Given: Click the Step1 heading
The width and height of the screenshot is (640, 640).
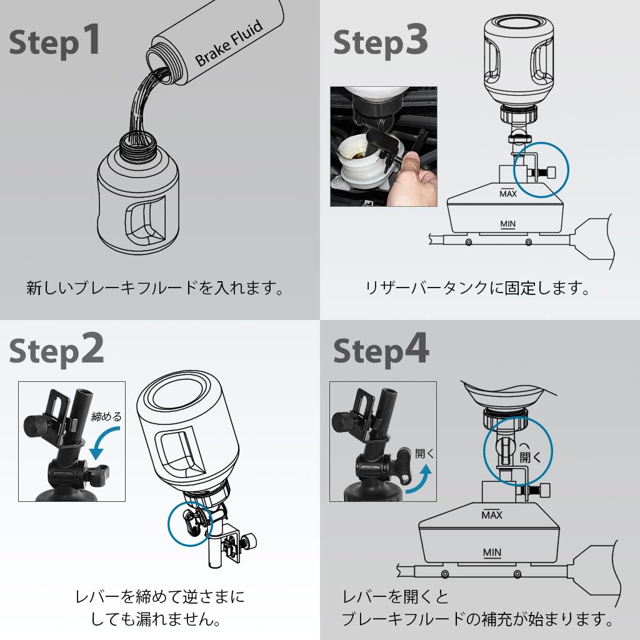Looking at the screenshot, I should tap(55, 41).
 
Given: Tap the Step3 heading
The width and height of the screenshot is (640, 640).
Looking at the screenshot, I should tap(381, 41).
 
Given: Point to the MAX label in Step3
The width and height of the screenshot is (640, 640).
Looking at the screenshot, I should tap(508, 194).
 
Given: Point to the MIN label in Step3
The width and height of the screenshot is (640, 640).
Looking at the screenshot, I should tap(508, 223).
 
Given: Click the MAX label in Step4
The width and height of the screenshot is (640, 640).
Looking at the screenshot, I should tap(492, 514).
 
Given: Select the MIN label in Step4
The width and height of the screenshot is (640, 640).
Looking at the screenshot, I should tap(492, 552).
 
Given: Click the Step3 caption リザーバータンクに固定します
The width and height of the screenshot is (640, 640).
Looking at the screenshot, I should tap(477, 289).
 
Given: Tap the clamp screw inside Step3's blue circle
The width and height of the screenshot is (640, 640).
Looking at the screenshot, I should tap(544, 171).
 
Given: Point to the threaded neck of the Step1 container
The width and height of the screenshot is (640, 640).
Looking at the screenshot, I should tap(138, 145).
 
